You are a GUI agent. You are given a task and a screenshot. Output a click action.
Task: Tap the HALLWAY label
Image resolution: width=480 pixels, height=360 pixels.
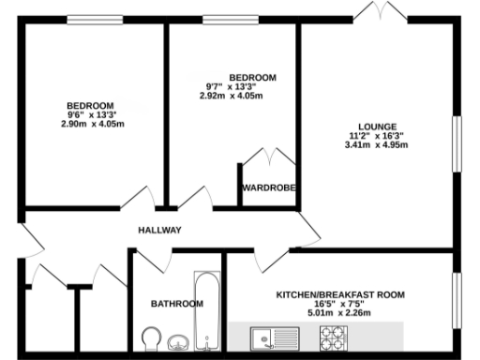click(159, 231)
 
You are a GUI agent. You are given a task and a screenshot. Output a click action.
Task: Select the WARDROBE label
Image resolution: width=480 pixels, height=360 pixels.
click(269, 188)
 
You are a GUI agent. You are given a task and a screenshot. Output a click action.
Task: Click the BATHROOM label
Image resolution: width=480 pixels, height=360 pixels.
click(176, 304)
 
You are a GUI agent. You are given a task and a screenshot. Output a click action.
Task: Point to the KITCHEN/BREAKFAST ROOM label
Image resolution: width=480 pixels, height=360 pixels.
click(340, 294)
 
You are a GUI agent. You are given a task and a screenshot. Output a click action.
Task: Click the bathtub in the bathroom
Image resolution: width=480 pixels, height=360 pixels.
click(206, 308)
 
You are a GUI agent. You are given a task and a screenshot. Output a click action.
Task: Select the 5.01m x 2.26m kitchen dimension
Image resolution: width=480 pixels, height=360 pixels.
click(340, 312)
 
